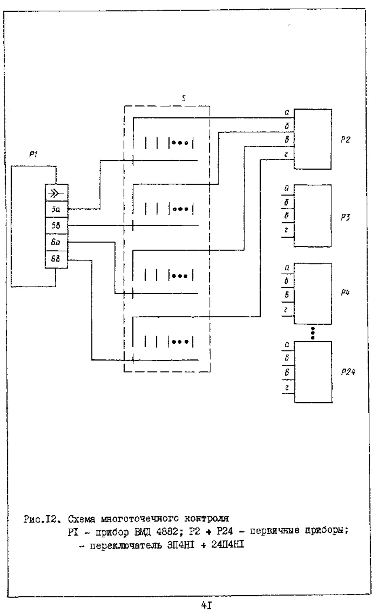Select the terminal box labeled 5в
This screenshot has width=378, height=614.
[56, 225]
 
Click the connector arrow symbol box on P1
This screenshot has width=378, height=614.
[56, 193]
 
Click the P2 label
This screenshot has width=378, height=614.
[345, 140]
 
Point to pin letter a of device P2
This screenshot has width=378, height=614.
[286, 113]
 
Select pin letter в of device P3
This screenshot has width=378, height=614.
[286, 216]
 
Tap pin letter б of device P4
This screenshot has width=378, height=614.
[286, 280]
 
